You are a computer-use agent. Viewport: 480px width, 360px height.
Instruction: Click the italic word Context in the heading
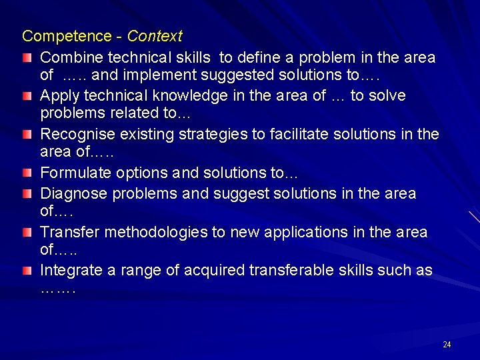[154, 35]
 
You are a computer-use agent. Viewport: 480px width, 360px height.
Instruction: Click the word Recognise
[77, 135]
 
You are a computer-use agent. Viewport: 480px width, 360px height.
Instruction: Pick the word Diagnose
[74, 193]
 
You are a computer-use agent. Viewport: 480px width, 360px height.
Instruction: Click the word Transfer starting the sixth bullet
[68, 232]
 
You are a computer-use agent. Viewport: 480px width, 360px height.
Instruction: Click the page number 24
[447, 345]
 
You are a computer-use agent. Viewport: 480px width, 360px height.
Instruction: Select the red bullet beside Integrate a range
[26, 271]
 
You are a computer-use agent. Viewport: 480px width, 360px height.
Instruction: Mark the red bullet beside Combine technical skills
[26, 59]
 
